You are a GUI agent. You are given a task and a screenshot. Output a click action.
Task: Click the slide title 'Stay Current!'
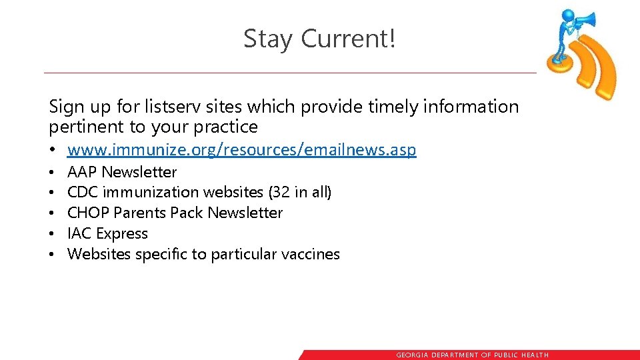(x=319, y=39)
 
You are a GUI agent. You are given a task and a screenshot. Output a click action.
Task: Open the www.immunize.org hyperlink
(x=241, y=150)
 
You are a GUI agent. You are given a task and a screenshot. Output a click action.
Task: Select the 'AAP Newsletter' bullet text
(x=122, y=172)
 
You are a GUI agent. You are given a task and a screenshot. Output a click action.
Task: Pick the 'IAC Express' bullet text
(x=107, y=234)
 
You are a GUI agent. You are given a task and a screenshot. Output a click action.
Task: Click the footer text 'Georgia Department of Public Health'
(x=472, y=355)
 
